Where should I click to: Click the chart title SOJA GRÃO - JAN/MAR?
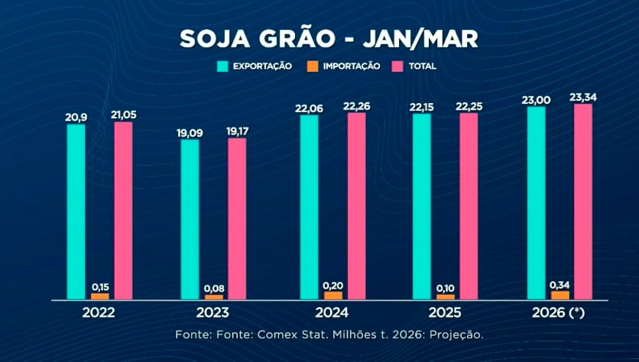[319, 39]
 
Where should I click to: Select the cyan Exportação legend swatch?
[222, 66]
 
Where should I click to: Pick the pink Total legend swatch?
[396, 66]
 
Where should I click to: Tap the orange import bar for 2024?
[332, 295]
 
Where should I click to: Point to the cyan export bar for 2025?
[422, 206]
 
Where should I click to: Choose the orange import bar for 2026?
[560, 294]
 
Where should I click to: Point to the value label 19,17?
[237, 131]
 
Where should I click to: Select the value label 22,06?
[310, 108]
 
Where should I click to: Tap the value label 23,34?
[582, 97]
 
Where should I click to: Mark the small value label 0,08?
[214, 288]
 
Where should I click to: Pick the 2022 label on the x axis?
[99, 313]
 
